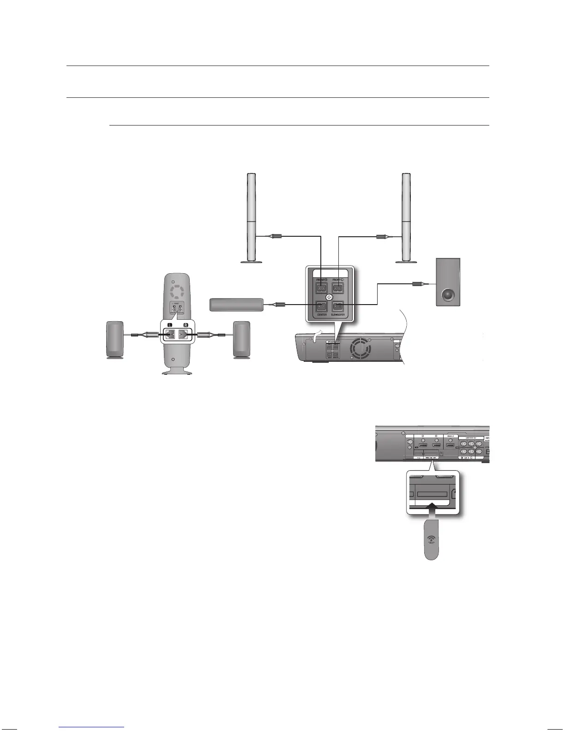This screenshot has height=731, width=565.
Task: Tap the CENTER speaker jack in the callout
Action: [x=321, y=306]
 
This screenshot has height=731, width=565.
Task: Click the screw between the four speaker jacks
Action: [x=330, y=297]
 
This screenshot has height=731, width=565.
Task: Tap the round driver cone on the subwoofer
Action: [x=448, y=295]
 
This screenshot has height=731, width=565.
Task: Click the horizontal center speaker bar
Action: [x=236, y=305]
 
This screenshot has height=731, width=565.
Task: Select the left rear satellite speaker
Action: [x=115, y=339]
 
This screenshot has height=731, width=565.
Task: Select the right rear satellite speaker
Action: [x=241, y=339]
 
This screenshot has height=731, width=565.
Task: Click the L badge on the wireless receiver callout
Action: [x=169, y=325]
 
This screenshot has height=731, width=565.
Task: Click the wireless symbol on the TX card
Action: [x=431, y=539]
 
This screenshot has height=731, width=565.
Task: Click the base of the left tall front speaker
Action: [x=252, y=262]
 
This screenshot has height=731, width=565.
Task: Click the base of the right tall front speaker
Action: [x=407, y=262]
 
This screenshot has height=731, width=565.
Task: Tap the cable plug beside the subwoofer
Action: [x=418, y=285]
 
